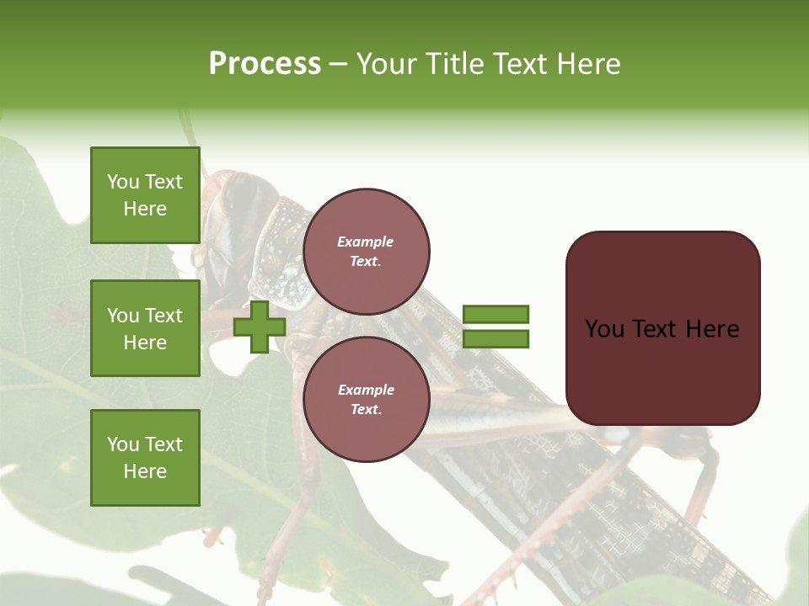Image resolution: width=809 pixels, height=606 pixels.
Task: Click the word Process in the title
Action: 265,64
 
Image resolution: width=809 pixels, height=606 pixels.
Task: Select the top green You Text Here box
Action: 145,195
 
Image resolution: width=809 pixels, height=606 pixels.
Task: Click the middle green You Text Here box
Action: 145,328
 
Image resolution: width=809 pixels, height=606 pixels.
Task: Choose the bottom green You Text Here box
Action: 145,457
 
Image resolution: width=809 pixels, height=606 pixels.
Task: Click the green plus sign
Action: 260,327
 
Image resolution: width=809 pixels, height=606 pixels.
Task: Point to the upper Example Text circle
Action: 366,252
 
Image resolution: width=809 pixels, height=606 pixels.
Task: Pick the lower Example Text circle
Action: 366,400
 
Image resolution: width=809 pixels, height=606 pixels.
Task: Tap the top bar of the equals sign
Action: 496,314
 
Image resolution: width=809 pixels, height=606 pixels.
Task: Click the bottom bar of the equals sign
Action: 496,338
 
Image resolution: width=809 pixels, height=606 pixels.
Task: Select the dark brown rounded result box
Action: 662,328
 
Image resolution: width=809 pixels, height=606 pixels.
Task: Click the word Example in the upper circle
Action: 366,242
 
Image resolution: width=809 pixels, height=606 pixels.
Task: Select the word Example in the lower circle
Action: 366,391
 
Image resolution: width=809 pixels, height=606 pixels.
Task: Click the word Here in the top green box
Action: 145,209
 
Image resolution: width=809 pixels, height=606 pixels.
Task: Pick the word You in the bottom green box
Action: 123,444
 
